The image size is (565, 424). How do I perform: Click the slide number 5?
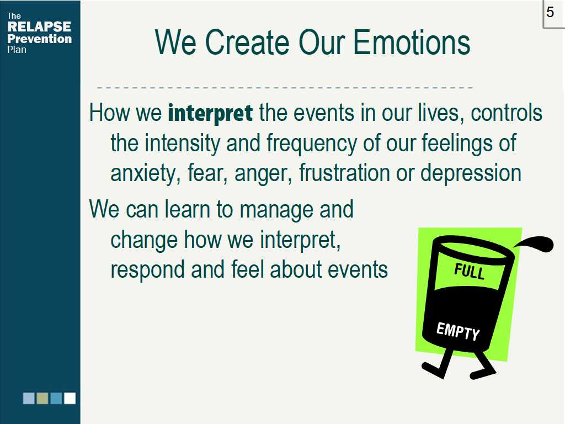550,12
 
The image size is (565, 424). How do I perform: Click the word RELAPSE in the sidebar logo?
39,26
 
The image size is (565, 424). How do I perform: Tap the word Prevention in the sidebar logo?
40,39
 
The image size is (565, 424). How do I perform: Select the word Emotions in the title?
412,43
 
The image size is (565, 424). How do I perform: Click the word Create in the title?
247,43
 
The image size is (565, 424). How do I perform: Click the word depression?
471,174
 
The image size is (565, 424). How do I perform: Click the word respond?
147,271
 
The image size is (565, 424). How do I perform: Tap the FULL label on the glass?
469,272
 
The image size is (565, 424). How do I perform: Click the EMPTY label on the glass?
458,331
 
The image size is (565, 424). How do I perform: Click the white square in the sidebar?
70,399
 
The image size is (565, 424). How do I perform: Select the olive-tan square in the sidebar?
42,399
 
